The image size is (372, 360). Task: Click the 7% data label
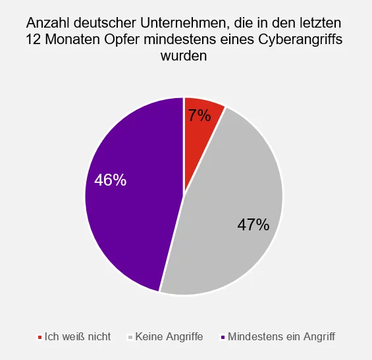point(199,116)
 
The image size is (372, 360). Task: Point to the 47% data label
point(253,225)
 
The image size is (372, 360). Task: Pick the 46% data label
point(111,180)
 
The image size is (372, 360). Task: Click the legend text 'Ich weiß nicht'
point(77,336)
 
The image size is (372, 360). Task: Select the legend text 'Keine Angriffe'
point(169,336)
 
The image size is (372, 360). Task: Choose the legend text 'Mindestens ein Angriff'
point(281,336)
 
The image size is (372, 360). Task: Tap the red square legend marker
point(40,337)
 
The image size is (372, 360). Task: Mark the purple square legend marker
point(223,337)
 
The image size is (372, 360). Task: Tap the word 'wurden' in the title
point(184,56)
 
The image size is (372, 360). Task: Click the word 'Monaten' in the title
point(72,41)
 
